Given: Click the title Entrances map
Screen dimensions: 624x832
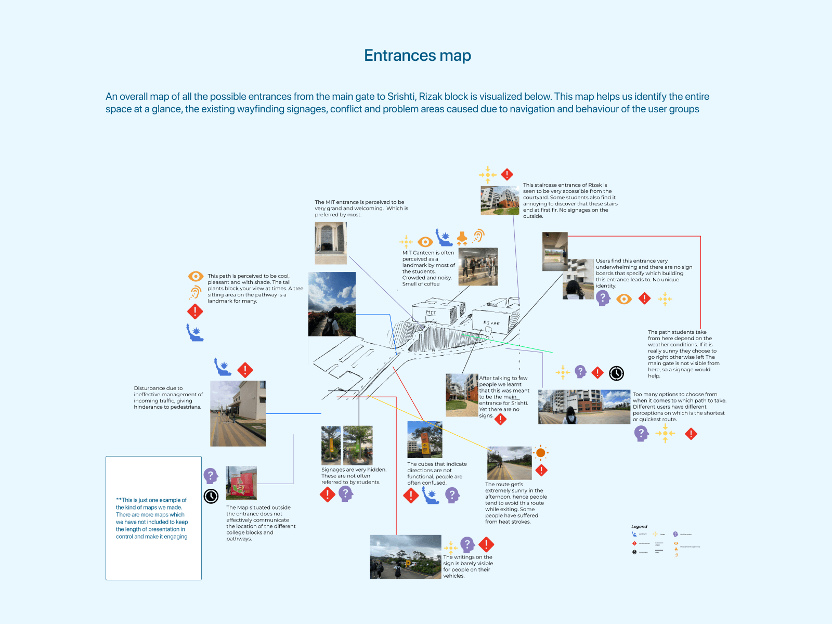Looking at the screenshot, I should (x=418, y=56).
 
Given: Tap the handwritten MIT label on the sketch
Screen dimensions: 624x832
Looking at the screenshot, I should (x=431, y=313).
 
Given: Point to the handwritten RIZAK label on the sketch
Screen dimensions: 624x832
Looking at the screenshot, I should (x=491, y=323).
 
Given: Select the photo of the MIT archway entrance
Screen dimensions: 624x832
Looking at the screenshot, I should (x=331, y=243).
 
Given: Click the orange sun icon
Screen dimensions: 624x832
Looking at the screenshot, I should (x=541, y=453).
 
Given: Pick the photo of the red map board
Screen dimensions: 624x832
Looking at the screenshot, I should (x=241, y=483).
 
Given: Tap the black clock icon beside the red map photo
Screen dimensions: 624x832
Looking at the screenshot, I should (x=211, y=497).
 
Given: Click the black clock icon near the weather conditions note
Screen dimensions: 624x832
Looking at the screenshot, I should (x=616, y=373).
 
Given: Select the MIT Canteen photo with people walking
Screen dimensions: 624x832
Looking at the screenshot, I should (x=478, y=267).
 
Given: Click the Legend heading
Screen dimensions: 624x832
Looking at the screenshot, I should (x=639, y=527).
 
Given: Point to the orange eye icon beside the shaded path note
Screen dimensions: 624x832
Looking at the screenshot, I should (x=196, y=276).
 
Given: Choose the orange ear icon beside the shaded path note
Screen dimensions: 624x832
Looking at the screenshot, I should (x=195, y=292).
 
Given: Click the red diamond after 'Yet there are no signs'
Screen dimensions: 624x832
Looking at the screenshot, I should (x=500, y=419).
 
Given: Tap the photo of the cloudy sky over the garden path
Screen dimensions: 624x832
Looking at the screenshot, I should (x=332, y=304).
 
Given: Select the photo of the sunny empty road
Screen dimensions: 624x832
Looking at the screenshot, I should (x=509, y=463).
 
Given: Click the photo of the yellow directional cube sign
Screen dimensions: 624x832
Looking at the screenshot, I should (x=424, y=439).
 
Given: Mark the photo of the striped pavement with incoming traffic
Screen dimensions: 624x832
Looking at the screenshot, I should (x=238, y=413).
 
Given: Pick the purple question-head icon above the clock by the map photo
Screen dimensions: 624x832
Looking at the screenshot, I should (x=210, y=476).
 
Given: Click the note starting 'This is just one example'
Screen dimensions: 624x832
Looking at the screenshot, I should (x=152, y=518).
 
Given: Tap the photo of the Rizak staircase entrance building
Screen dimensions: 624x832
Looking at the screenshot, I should (x=500, y=200).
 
